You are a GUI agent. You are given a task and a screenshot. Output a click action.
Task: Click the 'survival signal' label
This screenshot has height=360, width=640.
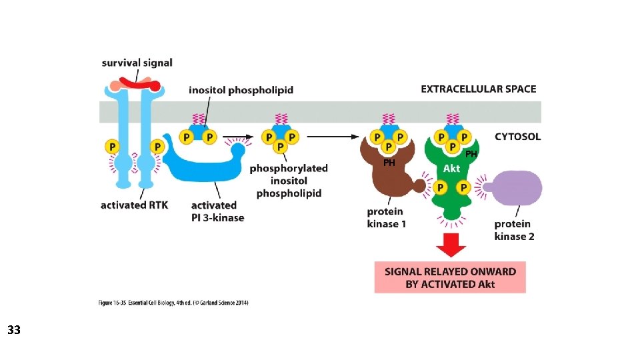tap(137, 63)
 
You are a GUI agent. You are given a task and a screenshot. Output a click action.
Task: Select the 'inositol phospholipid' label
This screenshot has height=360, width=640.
tap(241, 89)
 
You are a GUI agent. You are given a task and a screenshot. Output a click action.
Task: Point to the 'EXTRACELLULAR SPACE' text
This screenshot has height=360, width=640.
tap(478, 89)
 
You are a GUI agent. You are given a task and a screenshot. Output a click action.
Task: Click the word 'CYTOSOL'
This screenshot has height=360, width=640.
tap(517, 137)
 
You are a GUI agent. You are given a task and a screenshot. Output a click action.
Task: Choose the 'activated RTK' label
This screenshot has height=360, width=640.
tap(133, 205)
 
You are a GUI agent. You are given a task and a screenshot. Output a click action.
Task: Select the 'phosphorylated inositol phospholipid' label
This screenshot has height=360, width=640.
tap(289, 181)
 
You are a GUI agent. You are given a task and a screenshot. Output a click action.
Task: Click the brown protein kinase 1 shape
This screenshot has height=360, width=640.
tap(390, 177)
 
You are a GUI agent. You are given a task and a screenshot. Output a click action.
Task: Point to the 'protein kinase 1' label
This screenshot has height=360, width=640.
tap(386, 217)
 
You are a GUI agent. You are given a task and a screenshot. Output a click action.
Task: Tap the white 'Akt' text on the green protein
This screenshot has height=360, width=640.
tap(451, 169)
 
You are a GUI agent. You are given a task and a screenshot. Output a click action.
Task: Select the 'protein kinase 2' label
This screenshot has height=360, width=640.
tap(514, 230)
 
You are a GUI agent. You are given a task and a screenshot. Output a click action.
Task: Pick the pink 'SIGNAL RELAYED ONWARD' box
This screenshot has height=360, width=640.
tap(450, 277)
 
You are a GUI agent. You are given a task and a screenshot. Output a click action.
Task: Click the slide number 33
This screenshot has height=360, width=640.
tap(14, 329)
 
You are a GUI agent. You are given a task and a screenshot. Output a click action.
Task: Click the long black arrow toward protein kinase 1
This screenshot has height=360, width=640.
tap(330, 137)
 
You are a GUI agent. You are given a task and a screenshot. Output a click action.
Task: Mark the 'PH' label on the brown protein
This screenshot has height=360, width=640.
tap(389, 162)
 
